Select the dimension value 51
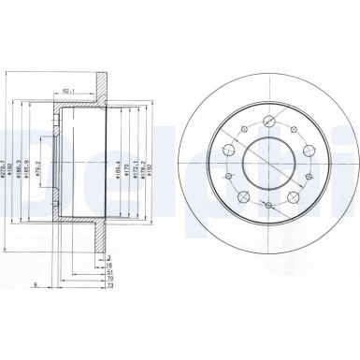109,271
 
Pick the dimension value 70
109,280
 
